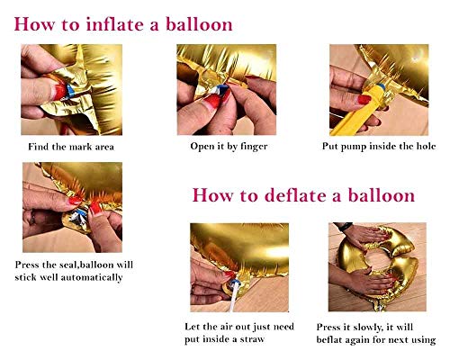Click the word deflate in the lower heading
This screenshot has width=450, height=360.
[x=296, y=195]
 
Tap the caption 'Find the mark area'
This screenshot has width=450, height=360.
[x=71, y=147]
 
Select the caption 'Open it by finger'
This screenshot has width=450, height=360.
[x=229, y=147]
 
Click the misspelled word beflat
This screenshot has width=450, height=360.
[x=329, y=340]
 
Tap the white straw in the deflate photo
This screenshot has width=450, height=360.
[x=235, y=296]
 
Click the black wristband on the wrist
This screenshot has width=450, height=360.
[x=345, y=226]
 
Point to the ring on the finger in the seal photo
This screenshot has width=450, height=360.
[x=32, y=219]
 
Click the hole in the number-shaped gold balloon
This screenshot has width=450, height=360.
[x=377, y=260]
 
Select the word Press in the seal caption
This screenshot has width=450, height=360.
[x=27, y=265]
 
